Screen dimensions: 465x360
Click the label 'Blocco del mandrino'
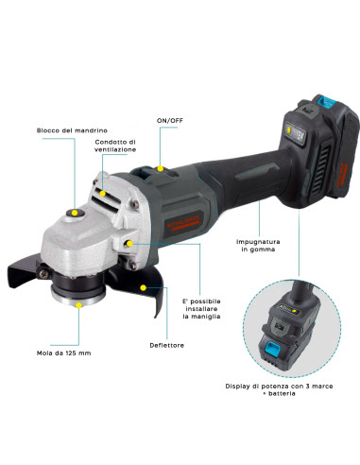pyautogui.click(x=68, y=129)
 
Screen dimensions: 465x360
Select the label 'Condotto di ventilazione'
pyautogui.click(x=115, y=146)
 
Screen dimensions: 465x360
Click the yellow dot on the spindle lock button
pyautogui.click(x=73, y=215)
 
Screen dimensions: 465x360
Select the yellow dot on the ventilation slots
pyautogui.click(x=101, y=190)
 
